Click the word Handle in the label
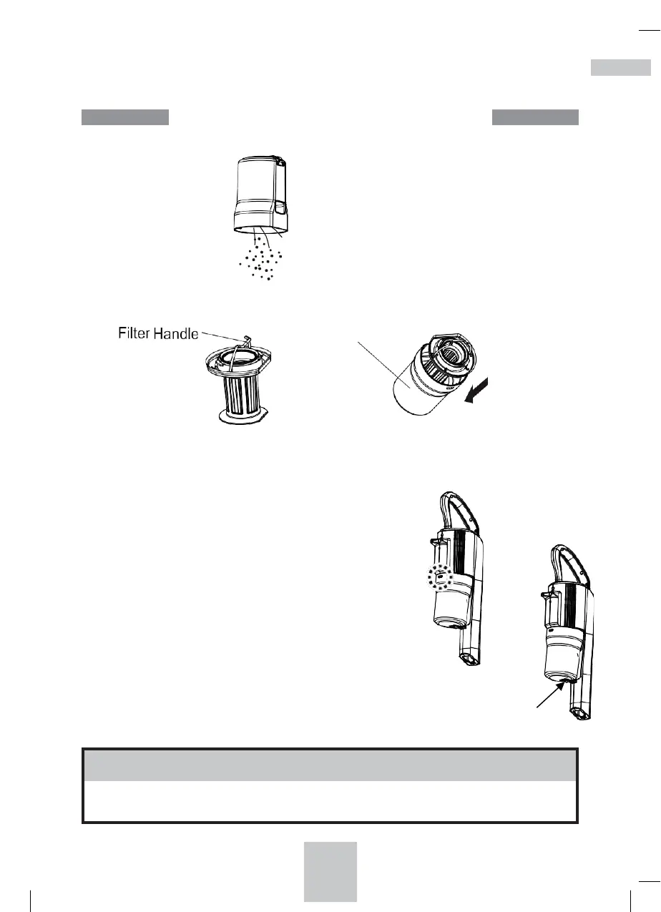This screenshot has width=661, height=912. pos(175,334)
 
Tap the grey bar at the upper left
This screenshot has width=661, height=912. pos(124,117)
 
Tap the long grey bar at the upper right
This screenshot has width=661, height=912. pos(535,117)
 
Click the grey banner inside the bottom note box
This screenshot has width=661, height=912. pos(330,765)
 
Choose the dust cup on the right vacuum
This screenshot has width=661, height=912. pos(564,654)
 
